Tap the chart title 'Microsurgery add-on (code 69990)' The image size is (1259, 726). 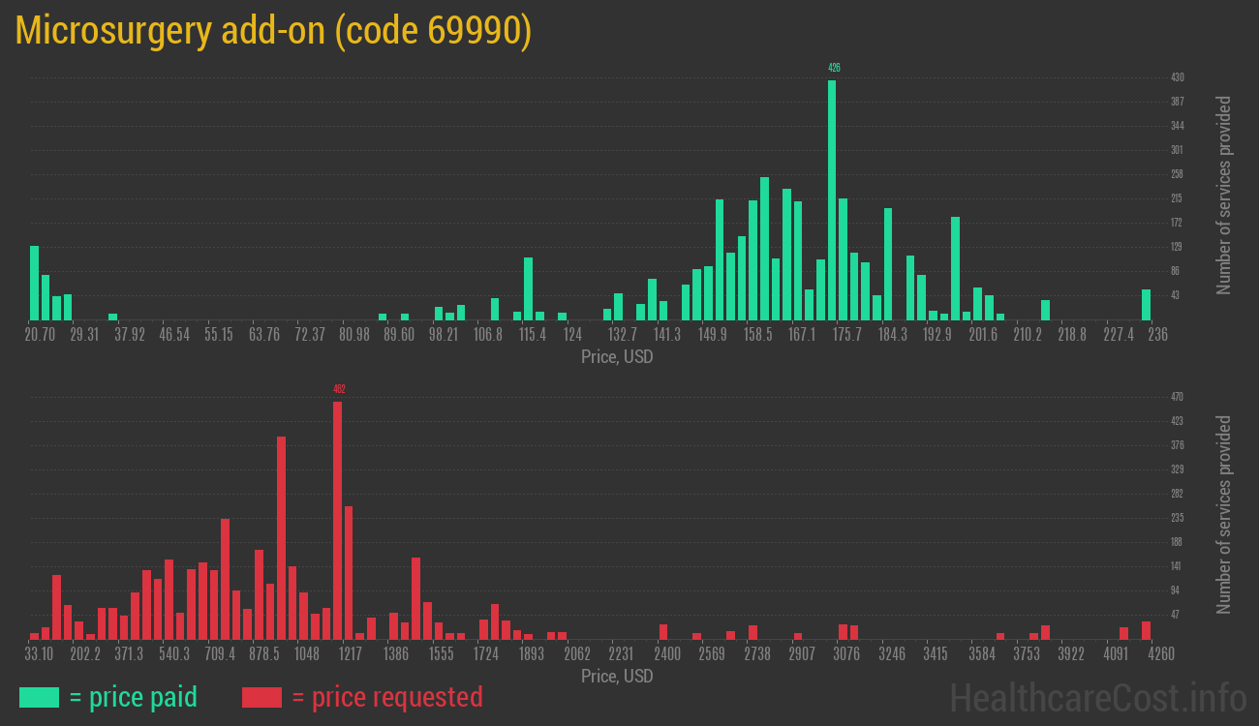pos(273,31)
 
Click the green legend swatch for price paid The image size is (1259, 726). pos(39,697)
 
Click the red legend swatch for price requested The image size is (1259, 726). pos(261,697)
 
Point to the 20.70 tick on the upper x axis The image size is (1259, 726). pos(40,334)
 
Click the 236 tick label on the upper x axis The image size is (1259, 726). pos(1157,334)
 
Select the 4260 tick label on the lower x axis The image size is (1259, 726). pos(1161,653)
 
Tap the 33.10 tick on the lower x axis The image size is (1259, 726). pos(40,653)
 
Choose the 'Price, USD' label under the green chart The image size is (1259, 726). pos(617,357)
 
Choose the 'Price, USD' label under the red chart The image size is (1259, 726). pos(617,676)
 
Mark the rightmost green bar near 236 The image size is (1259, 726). pos(1146,305)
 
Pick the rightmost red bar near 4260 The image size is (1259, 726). pos(1146,630)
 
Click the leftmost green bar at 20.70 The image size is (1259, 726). pos(35,283)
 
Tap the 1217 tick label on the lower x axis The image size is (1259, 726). pos(351,653)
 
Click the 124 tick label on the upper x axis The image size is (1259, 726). pos(572,334)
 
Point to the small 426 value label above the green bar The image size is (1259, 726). pos(834,68)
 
